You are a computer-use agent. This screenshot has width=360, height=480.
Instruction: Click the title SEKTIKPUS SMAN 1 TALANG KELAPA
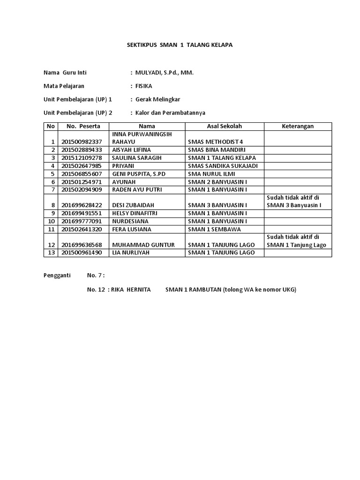180,45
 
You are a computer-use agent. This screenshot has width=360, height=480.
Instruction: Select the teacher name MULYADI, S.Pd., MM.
164,73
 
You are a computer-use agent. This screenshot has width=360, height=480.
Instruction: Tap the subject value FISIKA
144,86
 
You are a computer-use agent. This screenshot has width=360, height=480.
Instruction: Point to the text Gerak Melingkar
157,99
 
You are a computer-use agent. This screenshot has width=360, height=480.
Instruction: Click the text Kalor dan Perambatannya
170,113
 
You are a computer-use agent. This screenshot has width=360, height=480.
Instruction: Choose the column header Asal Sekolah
224,127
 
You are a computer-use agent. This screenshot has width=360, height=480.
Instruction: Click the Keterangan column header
298,127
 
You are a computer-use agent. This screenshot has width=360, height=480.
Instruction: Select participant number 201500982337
82,142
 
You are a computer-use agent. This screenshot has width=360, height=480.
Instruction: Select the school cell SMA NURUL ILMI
211,174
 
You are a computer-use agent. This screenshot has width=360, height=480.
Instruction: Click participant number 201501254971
82,182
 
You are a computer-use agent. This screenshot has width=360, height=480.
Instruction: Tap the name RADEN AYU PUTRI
134,189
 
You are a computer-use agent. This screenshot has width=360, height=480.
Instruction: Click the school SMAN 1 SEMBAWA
214,229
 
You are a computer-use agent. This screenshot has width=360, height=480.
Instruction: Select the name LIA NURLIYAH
130,253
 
